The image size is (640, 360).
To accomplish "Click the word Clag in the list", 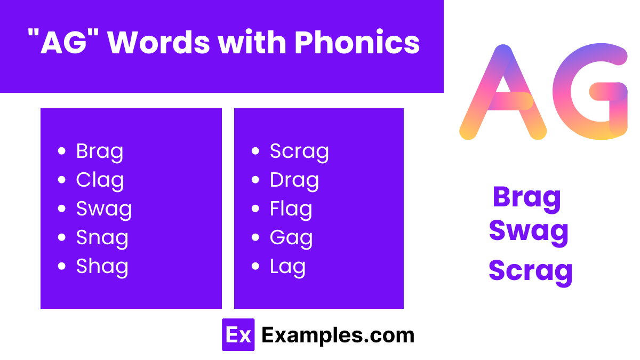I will [x=100, y=180].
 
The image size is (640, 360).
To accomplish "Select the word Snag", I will [x=102, y=238].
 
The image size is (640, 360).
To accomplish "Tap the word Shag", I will [x=102, y=267].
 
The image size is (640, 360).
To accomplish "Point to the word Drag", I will [x=294, y=180].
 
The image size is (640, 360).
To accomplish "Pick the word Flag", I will [x=291, y=209].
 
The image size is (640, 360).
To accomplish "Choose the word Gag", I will [x=291, y=238].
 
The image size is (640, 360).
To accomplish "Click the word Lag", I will [x=287, y=267].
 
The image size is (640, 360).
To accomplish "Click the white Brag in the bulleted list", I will [x=100, y=151].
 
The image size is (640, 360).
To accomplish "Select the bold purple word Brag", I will [x=527, y=197].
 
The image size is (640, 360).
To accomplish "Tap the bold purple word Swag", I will [x=529, y=231].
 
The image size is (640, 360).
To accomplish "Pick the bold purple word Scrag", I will [x=530, y=270].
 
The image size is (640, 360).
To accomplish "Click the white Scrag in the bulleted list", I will [x=299, y=151].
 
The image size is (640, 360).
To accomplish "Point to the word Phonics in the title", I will [x=357, y=43].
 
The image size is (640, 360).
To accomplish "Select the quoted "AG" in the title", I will [x=63, y=43].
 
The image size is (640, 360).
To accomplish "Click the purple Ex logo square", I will [x=238, y=335].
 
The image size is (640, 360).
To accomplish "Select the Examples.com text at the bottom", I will [x=338, y=335].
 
